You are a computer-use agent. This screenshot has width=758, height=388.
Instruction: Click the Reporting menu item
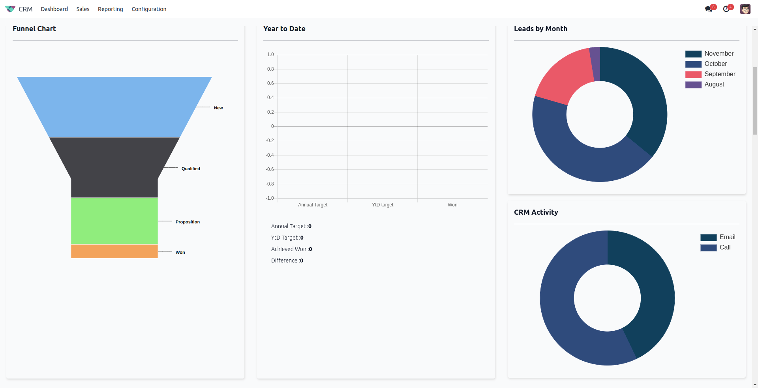click(110, 9)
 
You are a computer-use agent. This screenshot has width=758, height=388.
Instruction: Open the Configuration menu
click(149, 9)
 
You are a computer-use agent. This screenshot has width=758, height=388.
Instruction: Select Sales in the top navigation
click(83, 9)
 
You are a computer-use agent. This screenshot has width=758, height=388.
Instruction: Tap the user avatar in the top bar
click(745, 9)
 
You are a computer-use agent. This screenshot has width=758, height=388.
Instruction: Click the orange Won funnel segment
click(114, 251)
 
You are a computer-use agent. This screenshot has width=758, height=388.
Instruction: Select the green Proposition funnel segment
click(114, 221)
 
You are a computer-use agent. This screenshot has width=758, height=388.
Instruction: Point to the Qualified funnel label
click(191, 169)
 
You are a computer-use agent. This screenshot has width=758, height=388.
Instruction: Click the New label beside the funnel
click(218, 108)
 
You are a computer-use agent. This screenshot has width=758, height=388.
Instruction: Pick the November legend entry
click(719, 54)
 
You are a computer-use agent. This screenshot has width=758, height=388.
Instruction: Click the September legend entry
click(719, 74)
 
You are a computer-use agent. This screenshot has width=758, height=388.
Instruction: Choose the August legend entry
click(714, 84)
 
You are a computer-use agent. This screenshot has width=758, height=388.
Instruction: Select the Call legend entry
click(724, 247)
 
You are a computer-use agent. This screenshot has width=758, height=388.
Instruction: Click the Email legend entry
click(727, 237)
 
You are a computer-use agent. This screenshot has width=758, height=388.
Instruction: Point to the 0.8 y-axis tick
click(270, 69)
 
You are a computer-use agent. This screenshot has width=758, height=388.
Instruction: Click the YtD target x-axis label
click(382, 205)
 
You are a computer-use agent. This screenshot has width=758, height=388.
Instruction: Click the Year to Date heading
click(284, 29)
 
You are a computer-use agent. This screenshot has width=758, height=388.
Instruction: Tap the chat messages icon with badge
click(709, 9)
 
